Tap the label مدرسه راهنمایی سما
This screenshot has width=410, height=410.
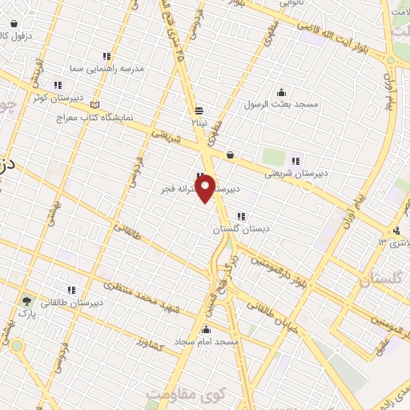(x=107, y=69)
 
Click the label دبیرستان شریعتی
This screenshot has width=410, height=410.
(x=298, y=171)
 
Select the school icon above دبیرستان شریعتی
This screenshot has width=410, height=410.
(x=296, y=159)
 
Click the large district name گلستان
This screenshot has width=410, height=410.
(x=376, y=280)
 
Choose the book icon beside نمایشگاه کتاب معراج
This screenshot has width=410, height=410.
(x=96, y=104)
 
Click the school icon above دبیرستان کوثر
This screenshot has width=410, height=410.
(x=57, y=85)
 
